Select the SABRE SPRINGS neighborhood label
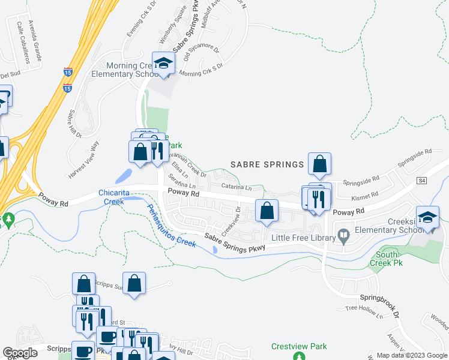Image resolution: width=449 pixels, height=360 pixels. click(267, 164)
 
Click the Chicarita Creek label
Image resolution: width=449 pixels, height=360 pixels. click(119, 197)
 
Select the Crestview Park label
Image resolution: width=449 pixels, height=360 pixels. click(299, 346)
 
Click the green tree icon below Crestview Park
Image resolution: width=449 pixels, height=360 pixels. click(299, 357)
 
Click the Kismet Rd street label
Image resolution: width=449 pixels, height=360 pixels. click(366, 195)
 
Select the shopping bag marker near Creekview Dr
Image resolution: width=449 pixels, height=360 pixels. click(267, 211)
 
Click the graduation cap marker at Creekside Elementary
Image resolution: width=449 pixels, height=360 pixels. click(427, 218)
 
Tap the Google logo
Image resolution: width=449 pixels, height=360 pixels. click(20, 353)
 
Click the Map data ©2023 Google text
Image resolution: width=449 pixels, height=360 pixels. click(411, 355)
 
